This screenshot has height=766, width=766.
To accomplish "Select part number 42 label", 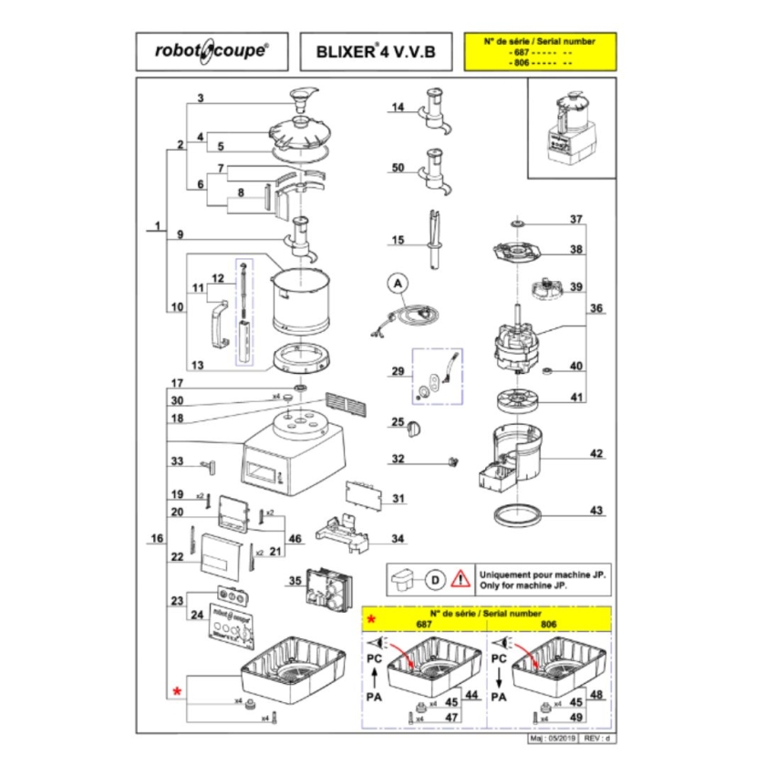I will coord(596,454).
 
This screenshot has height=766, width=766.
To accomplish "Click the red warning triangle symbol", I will coord(463,577).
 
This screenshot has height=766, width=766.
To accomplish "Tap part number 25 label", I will coord(397,422).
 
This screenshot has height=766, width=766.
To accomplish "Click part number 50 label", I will coord(397,168).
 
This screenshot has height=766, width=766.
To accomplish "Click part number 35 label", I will coord(295,581).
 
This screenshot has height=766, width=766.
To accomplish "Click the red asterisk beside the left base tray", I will coord(178,693).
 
